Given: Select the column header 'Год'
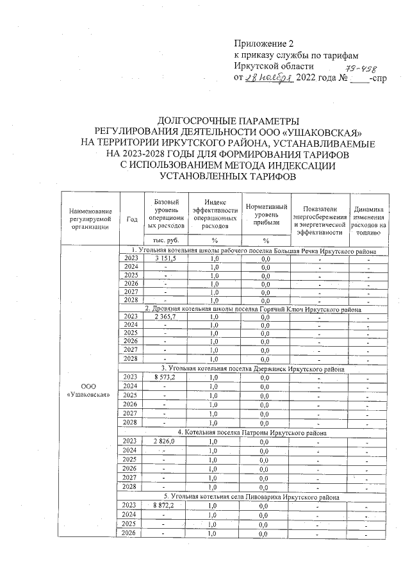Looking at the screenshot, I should (x=132, y=219).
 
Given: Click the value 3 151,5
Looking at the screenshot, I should (x=165, y=258).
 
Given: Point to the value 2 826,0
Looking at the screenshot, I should (x=165, y=442).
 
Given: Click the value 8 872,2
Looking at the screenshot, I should (x=165, y=506).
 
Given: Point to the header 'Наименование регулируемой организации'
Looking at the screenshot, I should (x=89, y=219).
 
